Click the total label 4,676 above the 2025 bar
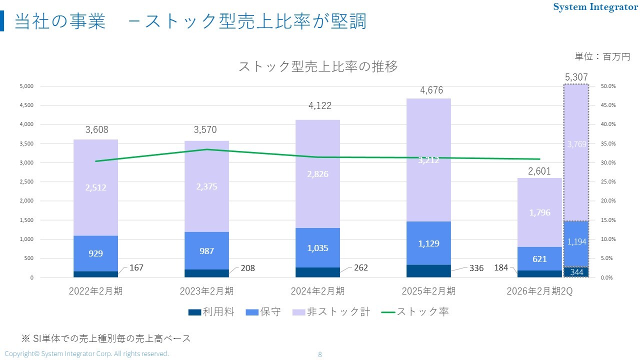click(431, 90)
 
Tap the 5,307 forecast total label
click(576, 77)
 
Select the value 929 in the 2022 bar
click(95, 253)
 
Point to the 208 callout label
click(247, 268)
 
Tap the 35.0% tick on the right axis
click(608, 143)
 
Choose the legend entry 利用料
click(211, 312)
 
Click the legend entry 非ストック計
click(331, 312)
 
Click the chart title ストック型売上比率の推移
click(318, 66)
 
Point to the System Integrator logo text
click(595, 7)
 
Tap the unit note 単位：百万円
click(602, 57)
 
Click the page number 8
click(320, 354)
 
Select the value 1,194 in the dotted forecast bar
click(576, 242)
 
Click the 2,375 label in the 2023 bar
click(206, 186)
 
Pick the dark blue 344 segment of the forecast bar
click(576, 272)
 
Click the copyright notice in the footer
click(86, 354)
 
